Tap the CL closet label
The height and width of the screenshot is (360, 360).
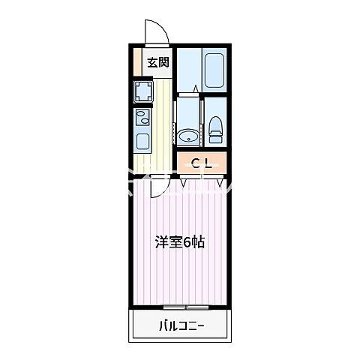[x=199, y=163]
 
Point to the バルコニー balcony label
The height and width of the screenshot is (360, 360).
[x=181, y=325]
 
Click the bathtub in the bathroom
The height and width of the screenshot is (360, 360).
[x=214, y=70]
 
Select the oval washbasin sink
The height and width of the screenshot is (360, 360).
[x=187, y=136]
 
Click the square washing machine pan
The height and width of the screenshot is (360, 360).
[x=142, y=92]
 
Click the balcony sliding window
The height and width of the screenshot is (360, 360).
[x=186, y=307]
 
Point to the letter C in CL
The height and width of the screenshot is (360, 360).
[x=193, y=163]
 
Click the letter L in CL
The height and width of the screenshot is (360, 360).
[x=205, y=163]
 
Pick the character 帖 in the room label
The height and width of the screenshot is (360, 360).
[x=196, y=242]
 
